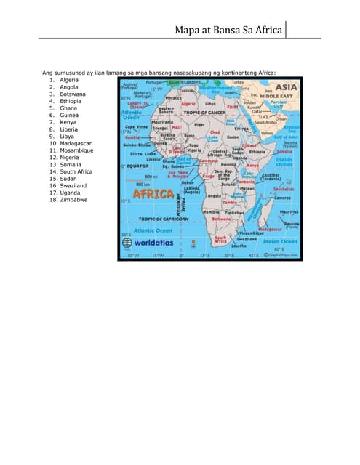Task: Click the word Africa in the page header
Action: pos(268,30)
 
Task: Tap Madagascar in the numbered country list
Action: pos(76,143)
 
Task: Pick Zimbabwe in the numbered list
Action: pos(73,199)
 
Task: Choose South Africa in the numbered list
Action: pos(76,171)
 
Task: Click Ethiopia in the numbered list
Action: pos(71,101)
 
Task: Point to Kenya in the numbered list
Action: pos(68,122)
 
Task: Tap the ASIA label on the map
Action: pos(285,87)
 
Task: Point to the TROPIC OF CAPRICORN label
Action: pos(164,219)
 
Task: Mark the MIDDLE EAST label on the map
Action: pos(276,96)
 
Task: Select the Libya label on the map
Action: pos(210,104)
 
